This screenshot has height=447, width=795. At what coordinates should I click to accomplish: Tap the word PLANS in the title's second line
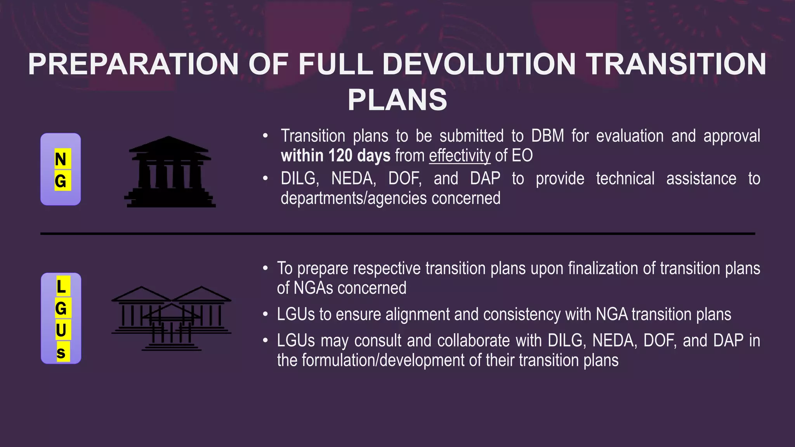pos(397,100)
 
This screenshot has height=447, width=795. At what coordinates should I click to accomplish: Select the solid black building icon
pos(170,172)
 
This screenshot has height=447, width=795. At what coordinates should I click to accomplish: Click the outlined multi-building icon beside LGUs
pos(171,319)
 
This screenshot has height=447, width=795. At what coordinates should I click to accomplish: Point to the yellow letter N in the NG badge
pos(61,159)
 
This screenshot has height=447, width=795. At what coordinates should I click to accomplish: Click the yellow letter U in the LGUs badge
pos(61,330)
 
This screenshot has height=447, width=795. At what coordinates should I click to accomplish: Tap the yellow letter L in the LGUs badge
pos(61,287)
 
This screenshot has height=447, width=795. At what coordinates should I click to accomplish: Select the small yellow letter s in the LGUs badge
pos(61,352)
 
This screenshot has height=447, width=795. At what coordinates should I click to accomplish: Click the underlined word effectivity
pos(460,156)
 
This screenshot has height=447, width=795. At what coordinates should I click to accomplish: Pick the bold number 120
pos(340,156)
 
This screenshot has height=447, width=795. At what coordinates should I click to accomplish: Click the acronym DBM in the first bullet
pos(547,136)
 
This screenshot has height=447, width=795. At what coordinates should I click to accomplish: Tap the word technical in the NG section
pos(625,179)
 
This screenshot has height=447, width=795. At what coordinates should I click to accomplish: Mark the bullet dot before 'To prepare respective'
pos(265,268)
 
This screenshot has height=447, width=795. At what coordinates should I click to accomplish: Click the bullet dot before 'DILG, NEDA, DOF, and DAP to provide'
pos(265,178)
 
